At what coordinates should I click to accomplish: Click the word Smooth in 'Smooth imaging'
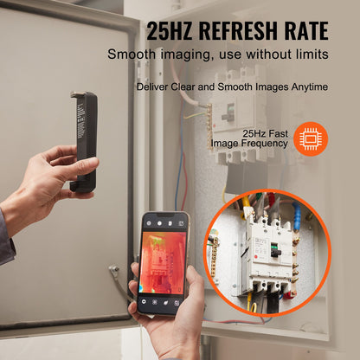tap(131, 55)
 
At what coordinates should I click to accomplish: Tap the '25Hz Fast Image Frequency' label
tap(251, 138)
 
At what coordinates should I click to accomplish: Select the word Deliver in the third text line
tap(151, 87)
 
